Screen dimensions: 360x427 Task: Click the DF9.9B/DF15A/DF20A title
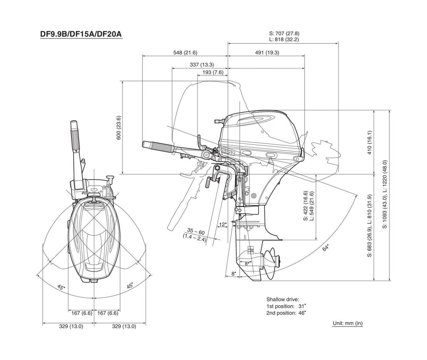[x=81, y=35]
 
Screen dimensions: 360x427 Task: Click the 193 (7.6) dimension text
[x=213, y=73]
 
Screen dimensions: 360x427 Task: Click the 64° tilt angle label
[x=325, y=248]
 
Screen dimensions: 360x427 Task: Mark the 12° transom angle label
[x=223, y=224]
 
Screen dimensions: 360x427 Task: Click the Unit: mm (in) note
[x=347, y=323]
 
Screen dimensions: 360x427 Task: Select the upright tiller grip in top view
[x=75, y=136]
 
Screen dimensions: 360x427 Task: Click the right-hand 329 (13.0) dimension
[x=124, y=327]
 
